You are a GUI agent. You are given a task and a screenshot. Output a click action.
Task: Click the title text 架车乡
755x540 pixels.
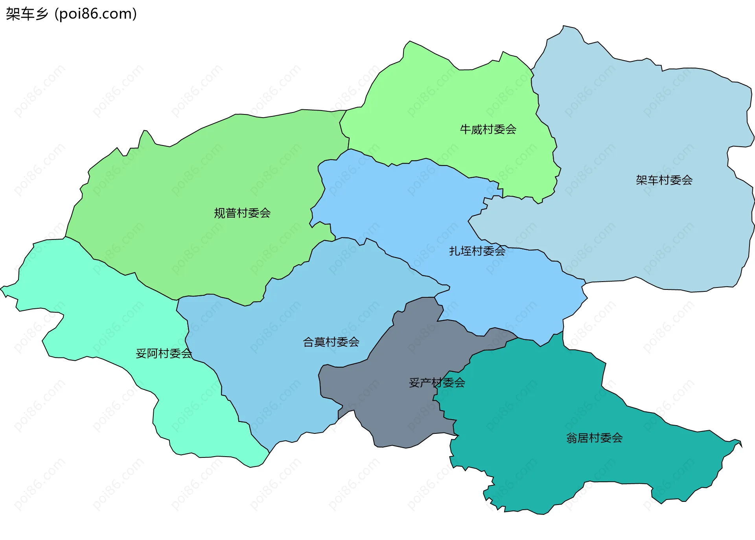point(27,14)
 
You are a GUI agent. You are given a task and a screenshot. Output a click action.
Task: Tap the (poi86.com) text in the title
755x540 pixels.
point(96,14)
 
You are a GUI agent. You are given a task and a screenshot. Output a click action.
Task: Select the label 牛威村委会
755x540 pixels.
point(488,129)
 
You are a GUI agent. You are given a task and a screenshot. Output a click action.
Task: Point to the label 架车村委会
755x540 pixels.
point(664,180)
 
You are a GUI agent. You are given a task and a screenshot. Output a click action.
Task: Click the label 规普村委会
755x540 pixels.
point(242,213)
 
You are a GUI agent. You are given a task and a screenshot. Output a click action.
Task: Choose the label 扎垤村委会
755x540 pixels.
point(477,251)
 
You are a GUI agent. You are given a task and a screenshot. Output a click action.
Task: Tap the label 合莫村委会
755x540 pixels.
point(331,342)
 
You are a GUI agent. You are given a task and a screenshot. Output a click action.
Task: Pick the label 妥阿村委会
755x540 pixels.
point(164,354)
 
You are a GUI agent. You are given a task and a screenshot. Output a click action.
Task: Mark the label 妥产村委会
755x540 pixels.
point(437,383)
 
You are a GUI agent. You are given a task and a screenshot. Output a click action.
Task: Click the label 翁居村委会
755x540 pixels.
point(594,438)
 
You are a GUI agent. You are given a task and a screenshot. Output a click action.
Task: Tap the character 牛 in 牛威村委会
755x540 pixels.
point(466,129)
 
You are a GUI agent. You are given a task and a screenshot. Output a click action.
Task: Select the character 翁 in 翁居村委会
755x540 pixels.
point(572,438)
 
